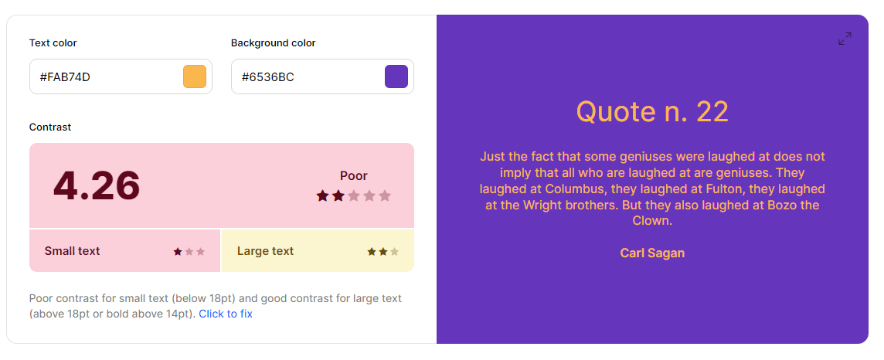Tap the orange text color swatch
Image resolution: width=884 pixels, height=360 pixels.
pyautogui.click(x=195, y=76)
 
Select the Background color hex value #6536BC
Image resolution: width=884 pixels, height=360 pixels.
pyautogui.click(x=268, y=76)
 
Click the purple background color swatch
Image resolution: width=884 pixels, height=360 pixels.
pyautogui.click(x=396, y=76)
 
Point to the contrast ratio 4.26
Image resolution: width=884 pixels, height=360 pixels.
pyautogui.click(x=97, y=185)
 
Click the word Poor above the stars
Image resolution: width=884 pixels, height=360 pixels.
pyautogui.click(x=353, y=176)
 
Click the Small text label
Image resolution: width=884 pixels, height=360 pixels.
pyautogui.click(x=72, y=251)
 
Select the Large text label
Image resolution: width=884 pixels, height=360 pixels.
pyautogui.click(x=265, y=251)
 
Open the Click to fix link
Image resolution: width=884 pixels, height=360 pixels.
pyautogui.click(x=226, y=314)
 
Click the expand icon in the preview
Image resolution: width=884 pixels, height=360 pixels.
pyautogui.click(x=845, y=39)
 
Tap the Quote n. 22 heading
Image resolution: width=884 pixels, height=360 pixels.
pyautogui.click(x=652, y=111)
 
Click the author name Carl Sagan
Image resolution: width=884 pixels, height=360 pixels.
pyautogui.click(x=652, y=253)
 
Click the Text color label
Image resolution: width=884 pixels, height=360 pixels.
pyautogui.click(x=53, y=42)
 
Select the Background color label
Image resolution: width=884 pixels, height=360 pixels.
pyautogui.click(x=274, y=42)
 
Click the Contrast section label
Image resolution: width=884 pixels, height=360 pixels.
pyautogui.click(x=50, y=127)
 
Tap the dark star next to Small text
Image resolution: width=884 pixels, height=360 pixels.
pyautogui.click(x=178, y=251)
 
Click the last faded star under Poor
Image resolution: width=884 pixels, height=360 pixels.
pyautogui.click(x=385, y=195)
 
